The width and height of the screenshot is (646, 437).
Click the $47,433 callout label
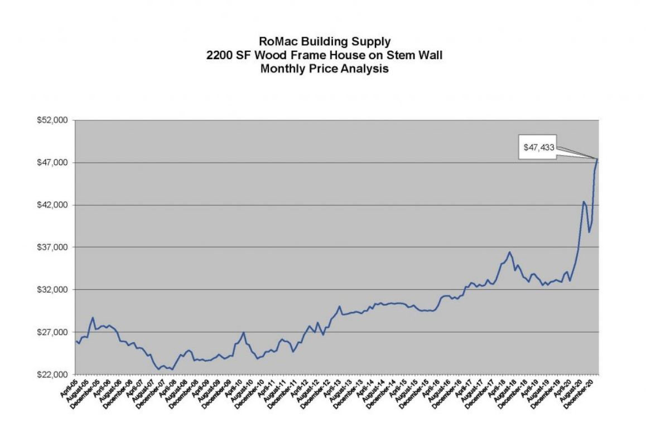click(x=538, y=148)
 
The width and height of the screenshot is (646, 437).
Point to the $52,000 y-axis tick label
click(x=52, y=120)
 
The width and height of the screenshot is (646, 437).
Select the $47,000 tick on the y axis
click(x=52, y=163)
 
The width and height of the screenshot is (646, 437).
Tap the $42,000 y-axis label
click(x=52, y=205)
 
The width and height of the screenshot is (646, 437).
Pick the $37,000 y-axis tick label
click(x=52, y=247)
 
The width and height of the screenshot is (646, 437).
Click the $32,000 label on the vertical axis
click(x=52, y=290)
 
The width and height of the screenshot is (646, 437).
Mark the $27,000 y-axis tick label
click(x=52, y=332)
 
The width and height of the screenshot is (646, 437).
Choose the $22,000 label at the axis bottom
click(x=52, y=375)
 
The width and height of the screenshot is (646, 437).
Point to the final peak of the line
click(x=597, y=159)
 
